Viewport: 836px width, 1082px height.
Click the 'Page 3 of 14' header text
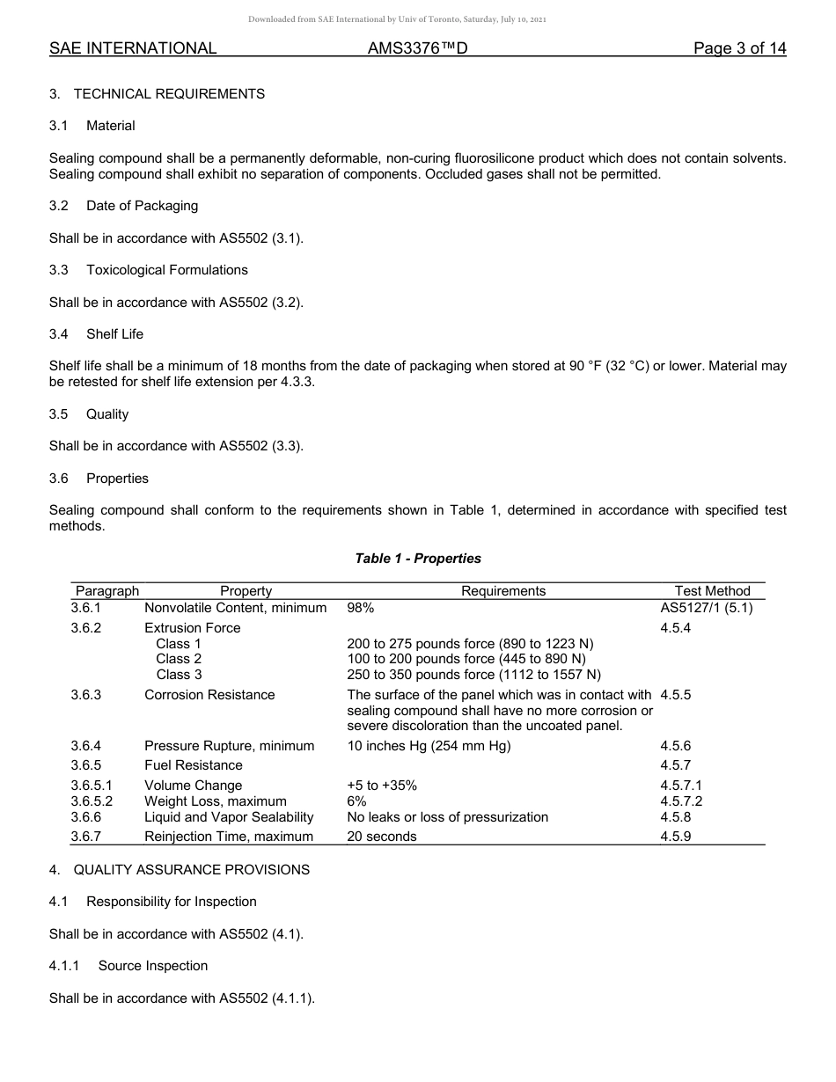coord(739,48)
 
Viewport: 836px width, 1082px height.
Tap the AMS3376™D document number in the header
coord(417,48)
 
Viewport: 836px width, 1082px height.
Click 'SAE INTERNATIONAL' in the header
coord(133,48)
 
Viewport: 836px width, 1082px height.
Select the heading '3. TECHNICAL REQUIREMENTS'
coord(157,94)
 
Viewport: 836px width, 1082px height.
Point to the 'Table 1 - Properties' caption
coord(418,559)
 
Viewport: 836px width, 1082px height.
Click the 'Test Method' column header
coord(712,591)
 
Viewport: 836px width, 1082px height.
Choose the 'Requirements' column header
coord(503,591)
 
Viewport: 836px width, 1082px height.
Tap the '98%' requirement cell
coord(361,608)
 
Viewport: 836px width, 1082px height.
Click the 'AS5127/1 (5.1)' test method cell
coord(706,608)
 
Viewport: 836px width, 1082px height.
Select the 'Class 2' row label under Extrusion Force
coord(179,659)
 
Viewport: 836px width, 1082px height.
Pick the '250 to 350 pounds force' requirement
coord(473,675)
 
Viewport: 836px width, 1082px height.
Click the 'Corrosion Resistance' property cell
coord(209,695)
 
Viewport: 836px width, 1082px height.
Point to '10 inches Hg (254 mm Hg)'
coord(429,746)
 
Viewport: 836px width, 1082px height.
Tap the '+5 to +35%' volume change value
coord(382,786)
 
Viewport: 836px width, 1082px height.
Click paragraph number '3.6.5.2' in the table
coord(92,801)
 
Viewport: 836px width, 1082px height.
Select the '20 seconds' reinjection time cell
coord(382,837)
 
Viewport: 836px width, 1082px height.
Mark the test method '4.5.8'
coord(675,817)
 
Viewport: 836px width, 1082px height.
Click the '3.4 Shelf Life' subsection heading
coord(96,334)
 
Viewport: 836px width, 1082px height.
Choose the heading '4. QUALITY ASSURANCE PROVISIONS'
coord(180,870)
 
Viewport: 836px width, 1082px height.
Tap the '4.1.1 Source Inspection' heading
coord(128,966)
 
